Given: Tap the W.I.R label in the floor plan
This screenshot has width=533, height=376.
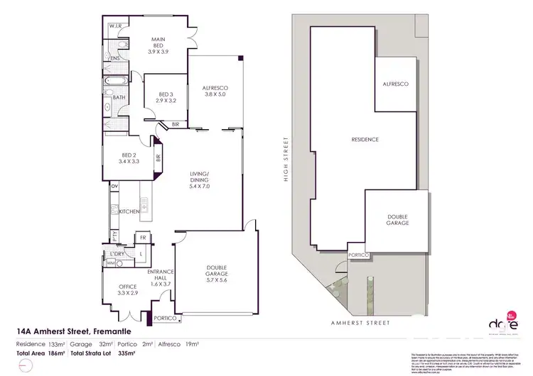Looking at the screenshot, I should [x=117, y=26].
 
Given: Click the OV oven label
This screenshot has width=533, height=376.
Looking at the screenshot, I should [x=114, y=187].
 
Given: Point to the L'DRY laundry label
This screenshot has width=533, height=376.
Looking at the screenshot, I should [x=118, y=254].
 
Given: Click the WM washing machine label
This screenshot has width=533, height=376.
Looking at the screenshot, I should [x=110, y=263].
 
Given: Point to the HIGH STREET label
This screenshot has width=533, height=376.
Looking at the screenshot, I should [x=286, y=169].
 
